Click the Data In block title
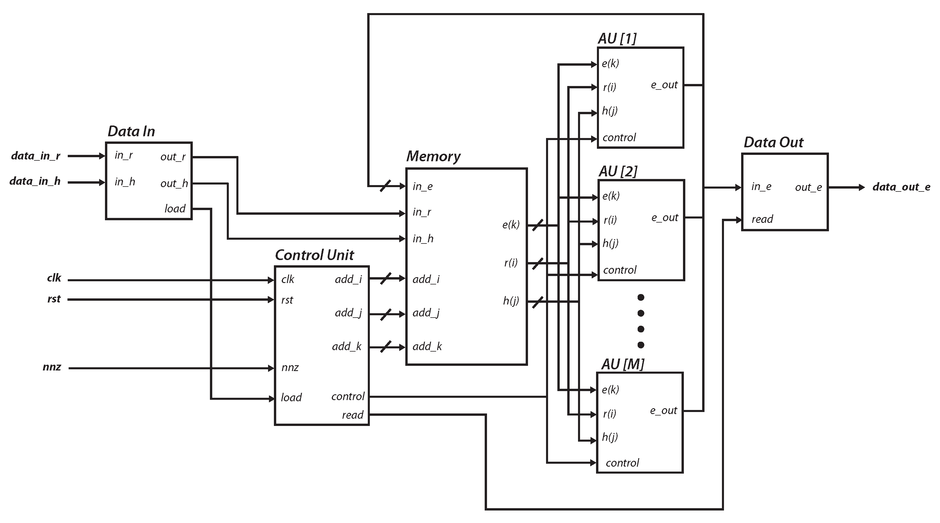[x=131, y=131]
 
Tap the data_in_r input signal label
[x=36, y=156]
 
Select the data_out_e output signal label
[x=901, y=187]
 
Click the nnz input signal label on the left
[x=52, y=367]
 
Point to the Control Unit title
[x=314, y=255]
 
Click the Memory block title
[x=433, y=156]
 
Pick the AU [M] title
[x=622, y=364]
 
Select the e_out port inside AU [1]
[x=664, y=85]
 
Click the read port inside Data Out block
[x=762, y=219]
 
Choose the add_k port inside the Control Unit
[x=347, y=346]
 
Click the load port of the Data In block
[x=175, y=209]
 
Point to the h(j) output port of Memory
[x=511, y=301]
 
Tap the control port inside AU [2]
[x=620, y=270]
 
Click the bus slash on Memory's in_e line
[x=385, y=186]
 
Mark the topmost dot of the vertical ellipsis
[x=641, y=298]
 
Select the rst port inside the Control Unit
[x=287, y=300]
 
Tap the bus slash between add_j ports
[x=386, y=314]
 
